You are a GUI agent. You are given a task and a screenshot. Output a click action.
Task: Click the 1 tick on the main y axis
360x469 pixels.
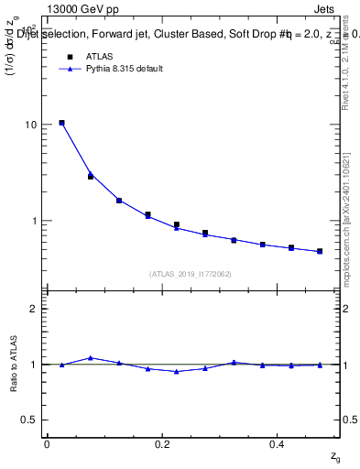tap(34, 221)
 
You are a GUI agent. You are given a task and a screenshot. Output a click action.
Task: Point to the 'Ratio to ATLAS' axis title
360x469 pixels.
tap(15, 364)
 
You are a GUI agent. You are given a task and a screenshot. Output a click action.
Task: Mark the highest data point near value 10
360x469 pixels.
tap(61, 123)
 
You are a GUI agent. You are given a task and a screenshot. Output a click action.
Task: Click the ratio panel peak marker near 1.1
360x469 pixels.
tap(90, 357)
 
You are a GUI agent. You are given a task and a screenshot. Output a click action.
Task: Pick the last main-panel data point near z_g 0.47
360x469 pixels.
tap(320, 251)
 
